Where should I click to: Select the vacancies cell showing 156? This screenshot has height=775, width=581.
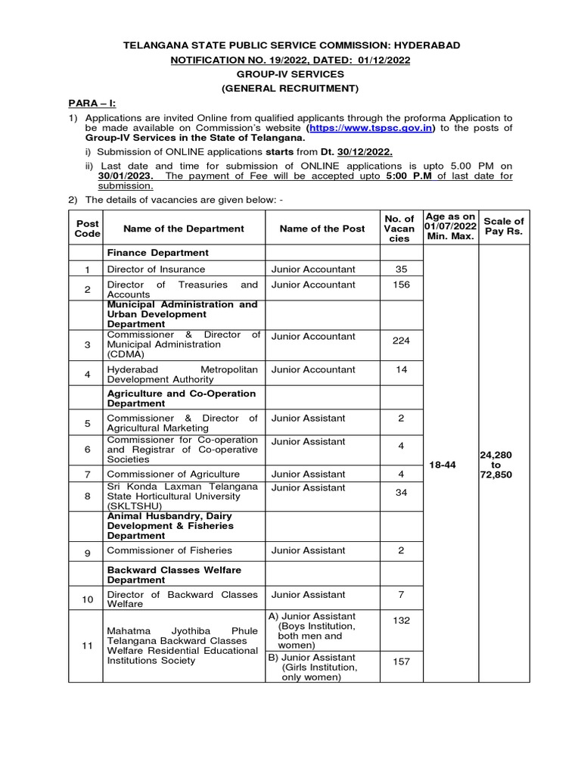point(402,285)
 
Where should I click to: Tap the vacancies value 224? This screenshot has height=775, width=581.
point(402,341)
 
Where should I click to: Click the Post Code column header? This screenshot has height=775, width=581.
point(87,229)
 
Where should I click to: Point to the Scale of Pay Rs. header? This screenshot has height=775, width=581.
point(504,226)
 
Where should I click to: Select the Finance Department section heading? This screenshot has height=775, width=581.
point(158,252)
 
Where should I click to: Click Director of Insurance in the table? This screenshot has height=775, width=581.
point(155,269)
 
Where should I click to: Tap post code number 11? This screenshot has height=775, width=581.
point(87,646)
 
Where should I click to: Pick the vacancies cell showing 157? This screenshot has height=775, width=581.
point(402,661)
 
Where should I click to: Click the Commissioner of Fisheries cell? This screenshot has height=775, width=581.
point(169,550)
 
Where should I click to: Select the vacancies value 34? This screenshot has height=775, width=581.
point(402,493)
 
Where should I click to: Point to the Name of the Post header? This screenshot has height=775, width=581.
point(322,229)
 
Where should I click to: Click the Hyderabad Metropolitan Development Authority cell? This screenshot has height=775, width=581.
point(182,375)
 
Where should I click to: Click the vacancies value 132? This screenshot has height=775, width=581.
point(402,621)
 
